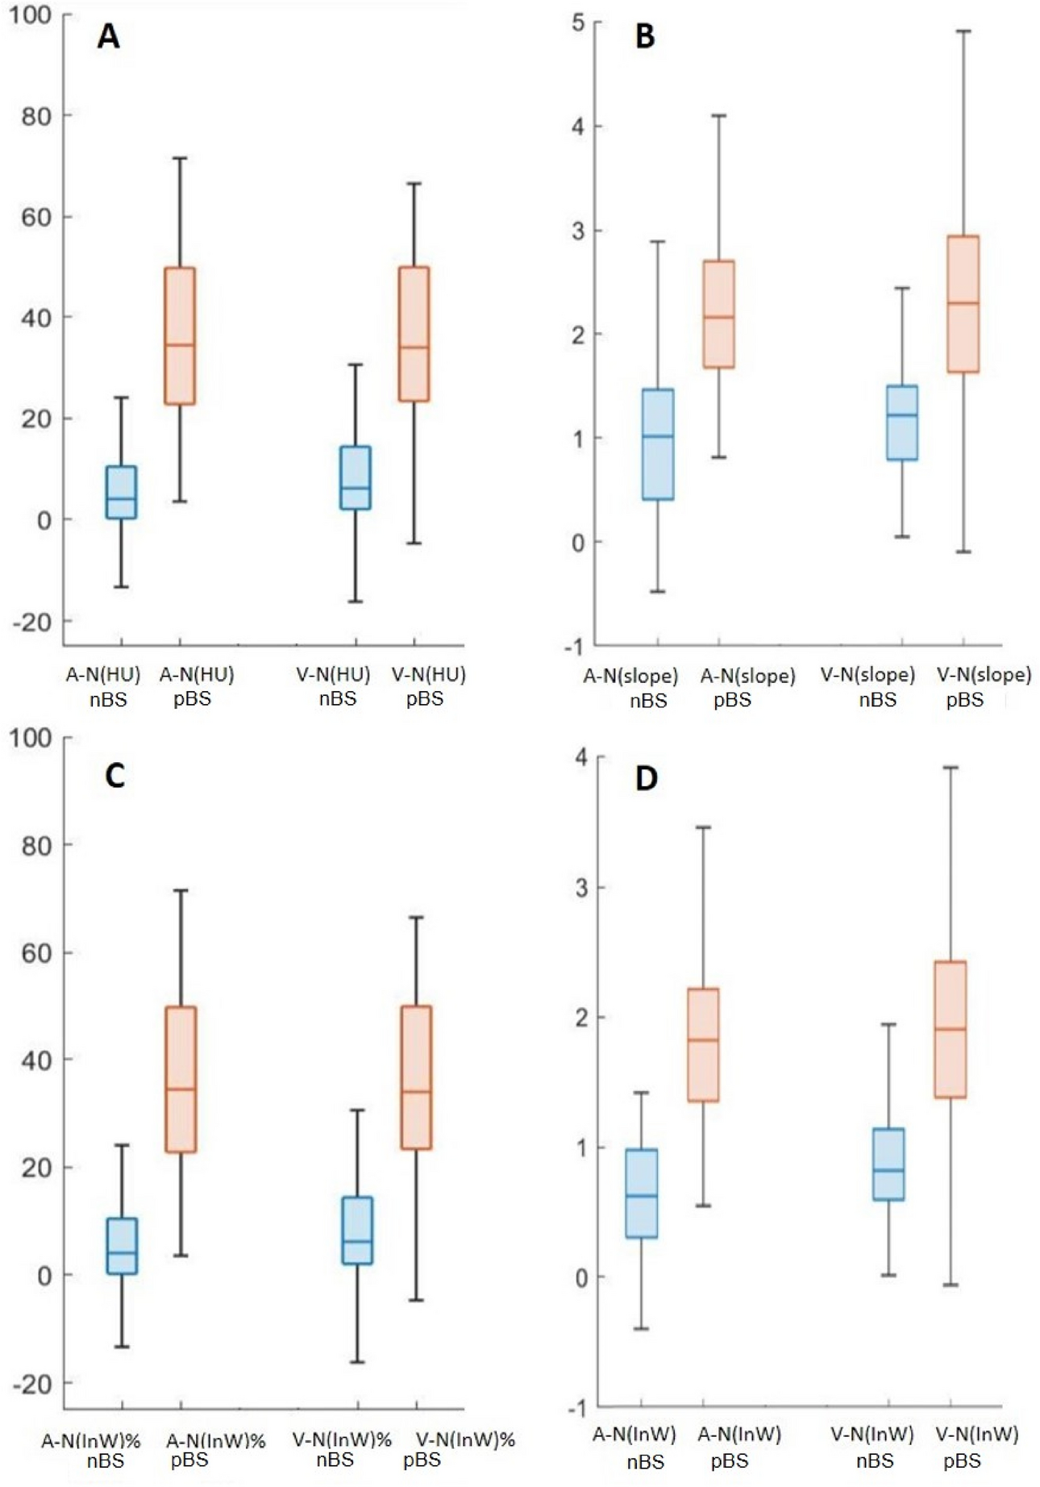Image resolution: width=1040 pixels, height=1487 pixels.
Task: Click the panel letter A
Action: coord(108,37)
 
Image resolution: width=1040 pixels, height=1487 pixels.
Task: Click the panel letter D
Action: coord(646,779)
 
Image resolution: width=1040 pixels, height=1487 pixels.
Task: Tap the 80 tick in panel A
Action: coord(35,116)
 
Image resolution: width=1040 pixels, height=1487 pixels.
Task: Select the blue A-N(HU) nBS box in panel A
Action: coord(122,493)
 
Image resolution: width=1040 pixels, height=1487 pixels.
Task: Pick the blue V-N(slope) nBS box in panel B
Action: coord(902,423)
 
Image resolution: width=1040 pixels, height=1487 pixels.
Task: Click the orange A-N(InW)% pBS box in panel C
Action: coord(181,1079)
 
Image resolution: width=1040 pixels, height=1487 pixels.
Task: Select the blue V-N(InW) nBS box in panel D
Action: coord(889,1164)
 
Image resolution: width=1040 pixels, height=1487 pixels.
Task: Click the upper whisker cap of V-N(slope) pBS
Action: coord(963,31)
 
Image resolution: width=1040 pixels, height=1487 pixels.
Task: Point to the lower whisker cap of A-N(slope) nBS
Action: coord(657,592)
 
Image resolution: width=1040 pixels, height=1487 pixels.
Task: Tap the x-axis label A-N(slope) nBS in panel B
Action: coord(632,687)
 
